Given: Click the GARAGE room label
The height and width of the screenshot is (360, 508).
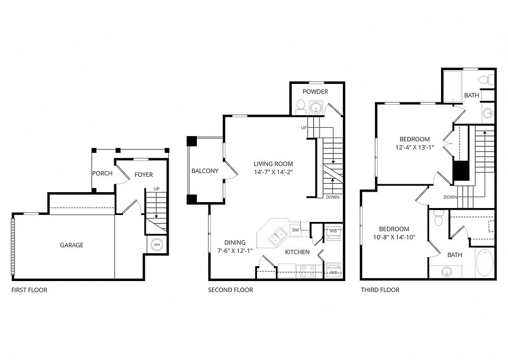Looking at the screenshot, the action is (71, 245).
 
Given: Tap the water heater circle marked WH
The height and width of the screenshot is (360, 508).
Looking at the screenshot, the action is (157, 244).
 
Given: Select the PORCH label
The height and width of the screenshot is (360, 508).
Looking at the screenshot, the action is (102, 173).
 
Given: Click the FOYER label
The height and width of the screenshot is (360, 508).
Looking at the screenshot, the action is (143, 175).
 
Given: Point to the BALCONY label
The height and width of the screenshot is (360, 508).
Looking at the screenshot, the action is (205, 171).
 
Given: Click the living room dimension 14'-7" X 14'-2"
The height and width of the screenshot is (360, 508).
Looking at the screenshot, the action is (273, 172).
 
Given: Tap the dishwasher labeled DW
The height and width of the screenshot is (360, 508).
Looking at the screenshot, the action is (296, 230).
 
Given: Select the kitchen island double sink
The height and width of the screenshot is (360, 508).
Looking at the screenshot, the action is (278, 236).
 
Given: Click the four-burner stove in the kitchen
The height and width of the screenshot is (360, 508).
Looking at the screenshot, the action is (308, 271).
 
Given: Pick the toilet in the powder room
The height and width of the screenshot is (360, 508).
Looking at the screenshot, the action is (301, 107).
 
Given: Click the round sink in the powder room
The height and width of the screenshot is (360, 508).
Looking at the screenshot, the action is (316, 107).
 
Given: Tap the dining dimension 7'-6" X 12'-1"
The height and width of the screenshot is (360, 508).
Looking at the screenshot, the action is (235, 250).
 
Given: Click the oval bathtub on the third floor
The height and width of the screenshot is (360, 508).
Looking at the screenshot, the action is (484, 262).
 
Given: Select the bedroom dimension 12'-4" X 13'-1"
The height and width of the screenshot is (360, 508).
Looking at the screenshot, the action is (414, 147).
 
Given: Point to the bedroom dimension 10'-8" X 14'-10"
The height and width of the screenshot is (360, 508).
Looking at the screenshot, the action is (394, 237).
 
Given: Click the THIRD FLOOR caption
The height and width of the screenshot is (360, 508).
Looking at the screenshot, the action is (380, 290).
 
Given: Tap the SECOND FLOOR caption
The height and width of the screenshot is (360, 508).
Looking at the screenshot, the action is (230, 290).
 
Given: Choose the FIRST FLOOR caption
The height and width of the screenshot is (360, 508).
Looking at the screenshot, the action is (29, 290).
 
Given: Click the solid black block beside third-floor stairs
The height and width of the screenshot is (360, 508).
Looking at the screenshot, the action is (461, 171).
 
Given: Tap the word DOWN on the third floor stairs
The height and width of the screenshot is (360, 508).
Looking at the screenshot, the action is (450, 197).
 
